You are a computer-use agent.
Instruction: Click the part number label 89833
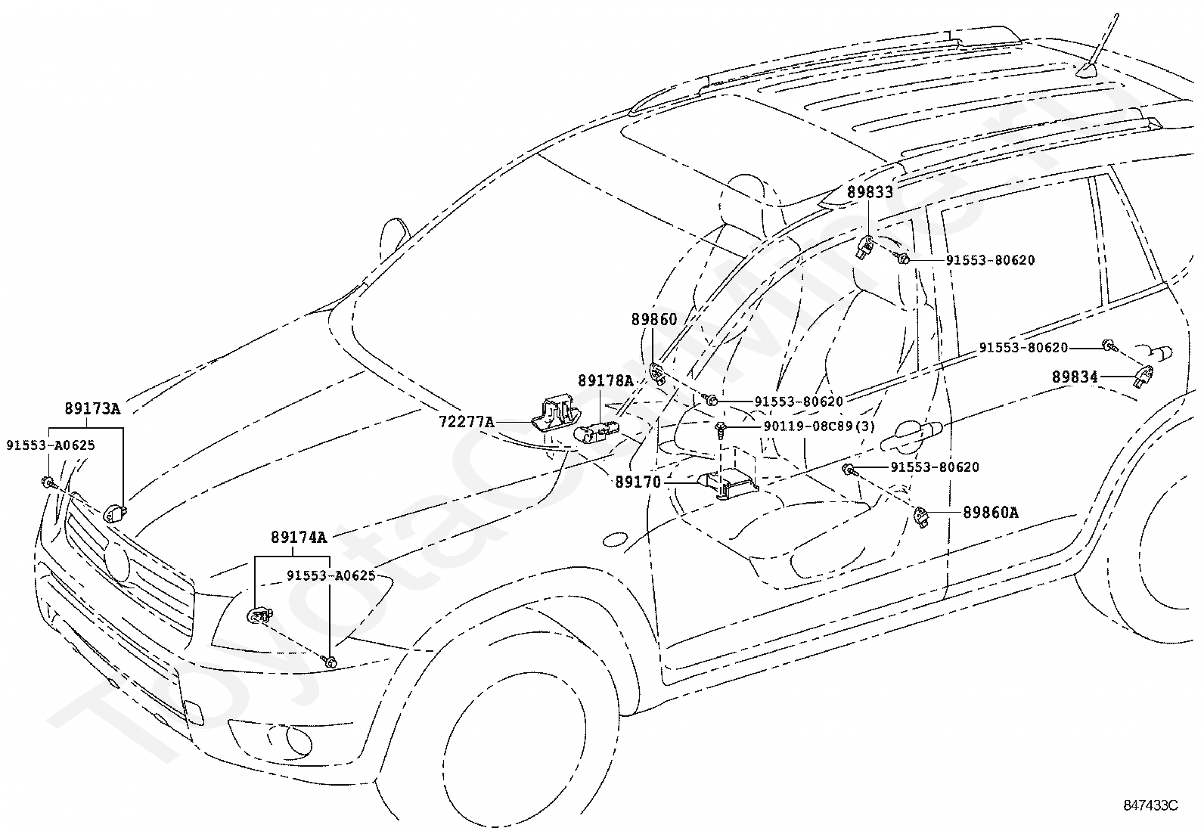pyautogui.click(x=870, y=192)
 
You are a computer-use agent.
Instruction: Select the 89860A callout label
pyautogui.click(x=990, y=512)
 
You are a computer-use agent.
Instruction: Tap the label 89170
pyautogui.click(x=638, y=482)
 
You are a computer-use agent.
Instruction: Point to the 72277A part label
pyautogui.click(x=466, y=422)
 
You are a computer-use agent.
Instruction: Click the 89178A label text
pyautogui.click(x=606, y=381)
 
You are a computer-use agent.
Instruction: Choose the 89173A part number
pyautogui.click(x=92, y=408)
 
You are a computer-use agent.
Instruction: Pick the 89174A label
pyautogui.click(x=298, y=537)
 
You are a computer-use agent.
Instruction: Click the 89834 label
pyautogui.click(x=1075, y=377)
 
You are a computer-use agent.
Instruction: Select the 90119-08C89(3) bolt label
pyautogui.click(x=819, y=426)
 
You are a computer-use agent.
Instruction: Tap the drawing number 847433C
pyautogui.click(x=1150, y=805)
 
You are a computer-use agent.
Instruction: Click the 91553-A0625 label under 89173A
pyautogui.click(x=51, y=445)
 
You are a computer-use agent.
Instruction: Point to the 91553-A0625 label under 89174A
pyautogui.click(x=331, y=575)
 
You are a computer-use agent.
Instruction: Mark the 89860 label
pyautogui.click(x=654, y=319)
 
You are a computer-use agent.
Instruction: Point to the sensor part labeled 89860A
pyautogui.click(x=921, y=517)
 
